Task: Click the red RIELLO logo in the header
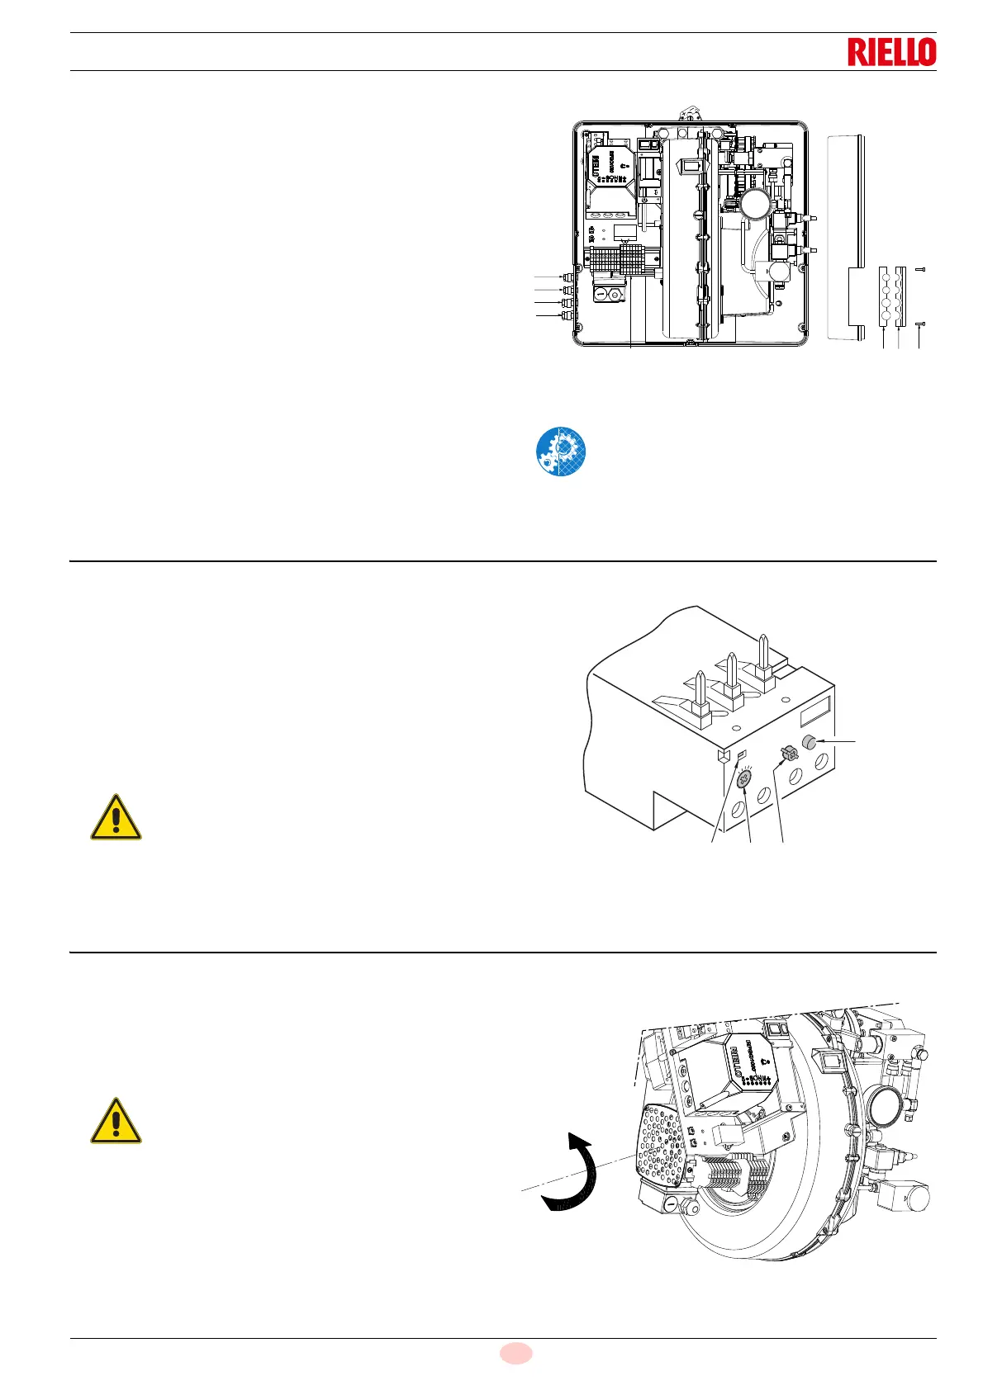(x=891, y=52)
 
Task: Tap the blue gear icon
(x=561, y=452)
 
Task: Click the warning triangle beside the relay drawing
(x=116, y=818)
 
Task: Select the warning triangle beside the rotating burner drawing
(x=116, y=1121)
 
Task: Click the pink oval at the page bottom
(x=515, y=1353)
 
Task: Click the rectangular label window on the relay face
(x=818, y=712)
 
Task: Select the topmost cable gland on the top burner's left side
(x=567, y=277)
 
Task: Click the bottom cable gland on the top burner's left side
(x=567, y=316)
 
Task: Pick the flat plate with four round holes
(x=885, y=297)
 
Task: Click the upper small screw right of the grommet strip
(x=921, y=270)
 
